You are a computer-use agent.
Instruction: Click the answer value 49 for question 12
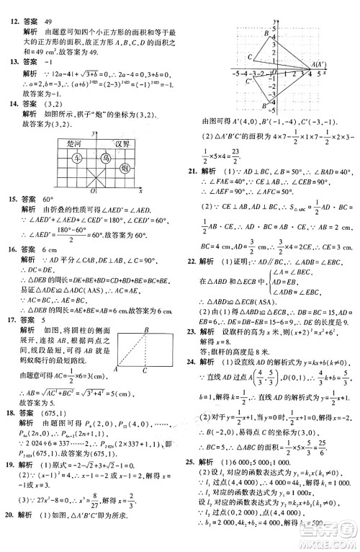click(50, 6)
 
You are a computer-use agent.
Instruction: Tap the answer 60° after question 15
click(51, 197)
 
